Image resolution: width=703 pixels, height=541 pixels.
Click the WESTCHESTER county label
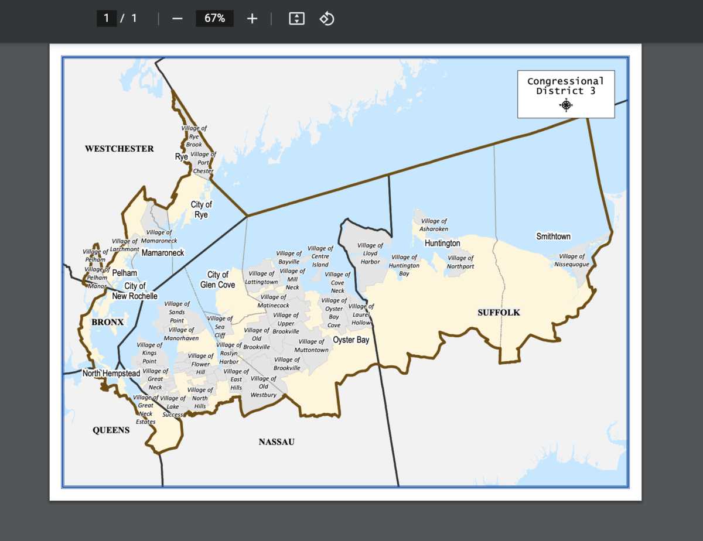[120, 149]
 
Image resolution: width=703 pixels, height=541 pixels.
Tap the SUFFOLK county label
[499, 313]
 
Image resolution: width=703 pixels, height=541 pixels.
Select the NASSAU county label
[277, 442]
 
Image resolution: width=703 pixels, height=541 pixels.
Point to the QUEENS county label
[111, 430]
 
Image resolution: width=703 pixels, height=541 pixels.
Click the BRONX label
[107, 322]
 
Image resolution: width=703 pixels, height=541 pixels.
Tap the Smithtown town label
[553, 237]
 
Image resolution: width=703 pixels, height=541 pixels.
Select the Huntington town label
[442, 243]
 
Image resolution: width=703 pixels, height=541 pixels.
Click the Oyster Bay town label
[351, 340]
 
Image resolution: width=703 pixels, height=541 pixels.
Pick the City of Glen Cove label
[218, 280]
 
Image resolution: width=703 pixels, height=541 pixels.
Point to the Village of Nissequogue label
[572, 261]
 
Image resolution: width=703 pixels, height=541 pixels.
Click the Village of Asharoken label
[434, 225]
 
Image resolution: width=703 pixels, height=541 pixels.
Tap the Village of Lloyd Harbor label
[370, 254]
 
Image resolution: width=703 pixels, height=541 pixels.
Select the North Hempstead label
[111, 374]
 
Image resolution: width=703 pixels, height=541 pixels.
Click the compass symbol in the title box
[566, 105]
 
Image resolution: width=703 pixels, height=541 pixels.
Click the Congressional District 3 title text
[565, 86]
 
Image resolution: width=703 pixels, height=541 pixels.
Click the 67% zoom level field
[214, 18]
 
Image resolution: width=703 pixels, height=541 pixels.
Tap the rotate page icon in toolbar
[326, 18]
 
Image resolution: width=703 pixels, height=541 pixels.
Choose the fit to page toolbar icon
[297, 18]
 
